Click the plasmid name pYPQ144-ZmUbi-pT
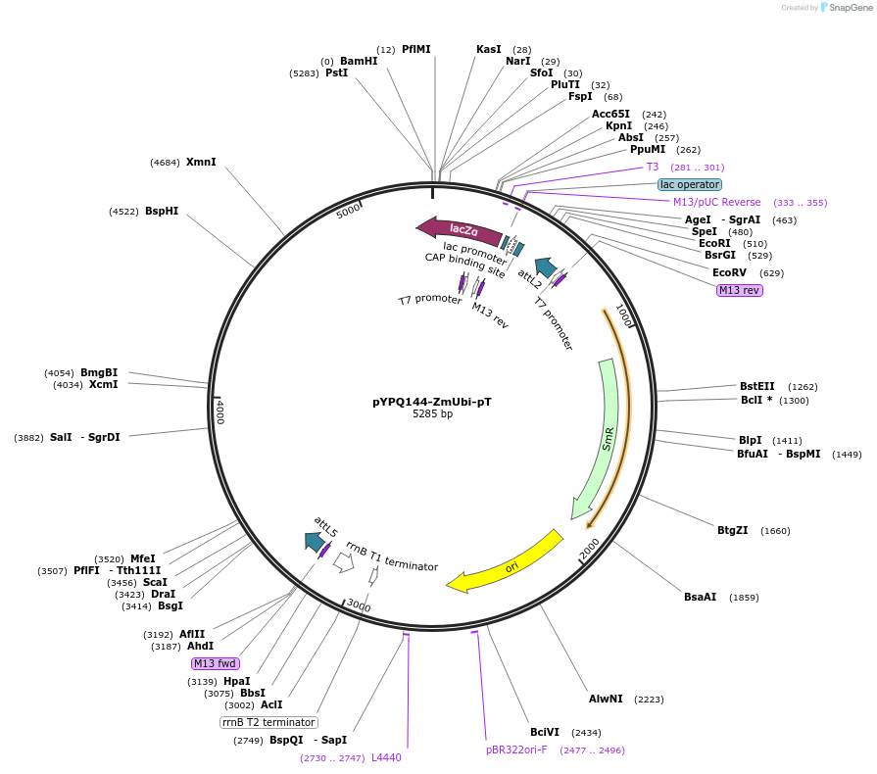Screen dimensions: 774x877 pyautogui.click(x=432, y=401)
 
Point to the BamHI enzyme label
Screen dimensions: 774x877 pyautogui.click(x=358, y=61)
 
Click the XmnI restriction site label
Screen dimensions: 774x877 pyautogui.click(x=201, y=162)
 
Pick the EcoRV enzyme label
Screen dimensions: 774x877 pyautogui.click(x=729, y=272)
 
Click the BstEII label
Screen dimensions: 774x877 pyautogui.click(x=756, y=386)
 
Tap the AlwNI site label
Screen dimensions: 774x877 pyautogui.click(x=606, y=699)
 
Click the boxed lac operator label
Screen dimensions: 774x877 pyautogui.click(x=690, y=184)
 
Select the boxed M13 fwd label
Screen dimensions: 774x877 pyautogui.click(x=216, y=663)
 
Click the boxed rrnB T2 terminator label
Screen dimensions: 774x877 pyautogui.click(x=268, y=722)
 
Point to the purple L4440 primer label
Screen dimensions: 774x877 pyautogui.click(x=386, y=757)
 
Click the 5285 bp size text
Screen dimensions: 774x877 pyautogui.click(x=432, y=414)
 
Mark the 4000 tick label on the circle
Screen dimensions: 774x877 pyautogui.click(x=221, y=411)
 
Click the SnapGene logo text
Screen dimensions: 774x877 pyautogui.click(x=849, y=8)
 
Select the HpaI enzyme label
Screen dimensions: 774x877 pyautogui.click(x=236, y=681)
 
